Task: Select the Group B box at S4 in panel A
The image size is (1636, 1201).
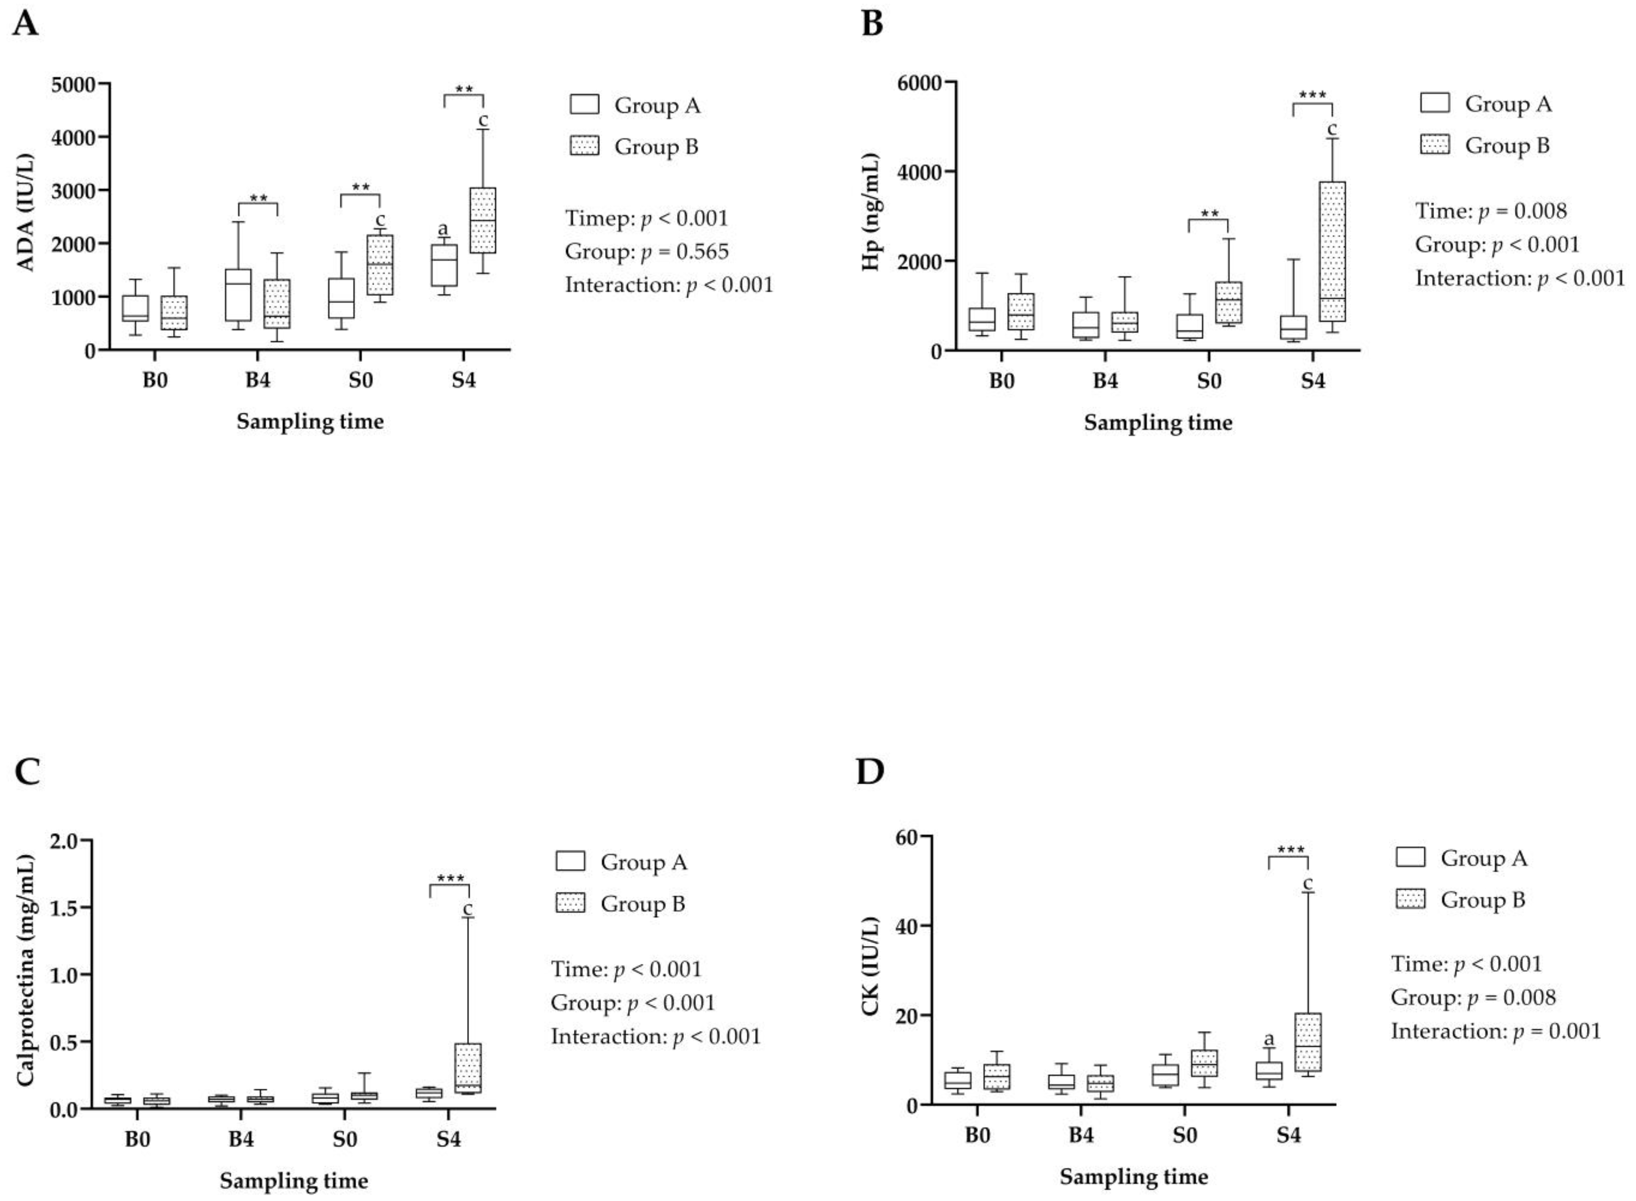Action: [483, 220]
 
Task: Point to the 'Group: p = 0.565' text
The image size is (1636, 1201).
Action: [646, 252]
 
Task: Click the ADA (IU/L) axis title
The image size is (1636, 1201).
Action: [26, 212]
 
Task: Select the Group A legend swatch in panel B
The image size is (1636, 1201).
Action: [1434, 103]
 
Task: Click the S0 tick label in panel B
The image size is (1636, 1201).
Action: [1209, 382]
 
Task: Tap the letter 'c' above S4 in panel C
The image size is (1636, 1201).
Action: [467, 909]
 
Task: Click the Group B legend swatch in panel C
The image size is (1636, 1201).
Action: [571, 903]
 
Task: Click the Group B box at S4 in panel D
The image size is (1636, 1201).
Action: [1308, 1042]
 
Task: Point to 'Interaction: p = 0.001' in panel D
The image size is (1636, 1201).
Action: [1496, 1031]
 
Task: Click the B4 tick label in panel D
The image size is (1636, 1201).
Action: [1081, 1135]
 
